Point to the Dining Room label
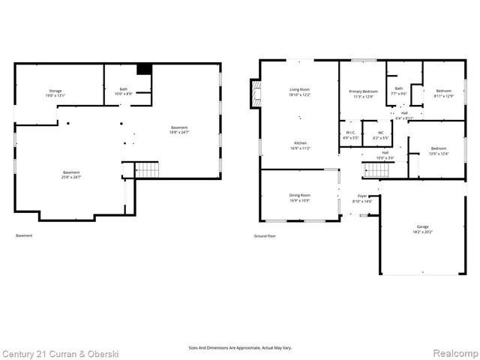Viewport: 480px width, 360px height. click(300, 198)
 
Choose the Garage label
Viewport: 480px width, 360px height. click(423, 229)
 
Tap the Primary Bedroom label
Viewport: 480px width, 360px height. click(362, 94)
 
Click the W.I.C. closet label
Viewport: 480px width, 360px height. click(351, 136)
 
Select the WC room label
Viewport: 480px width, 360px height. click(381, 136)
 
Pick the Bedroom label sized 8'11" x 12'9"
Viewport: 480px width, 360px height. click(444, 94)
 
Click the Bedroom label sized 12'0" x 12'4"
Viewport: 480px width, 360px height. click(438, 151)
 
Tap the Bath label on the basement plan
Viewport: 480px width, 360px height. click(122, 91)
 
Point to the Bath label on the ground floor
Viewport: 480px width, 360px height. click(399, 91)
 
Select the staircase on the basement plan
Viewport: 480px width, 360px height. click(148, 169)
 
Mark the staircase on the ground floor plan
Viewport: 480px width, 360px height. click(376, 170)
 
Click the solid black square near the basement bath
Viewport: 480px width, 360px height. click(145, 69)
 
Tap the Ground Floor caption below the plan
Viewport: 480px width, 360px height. click(265, 236)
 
